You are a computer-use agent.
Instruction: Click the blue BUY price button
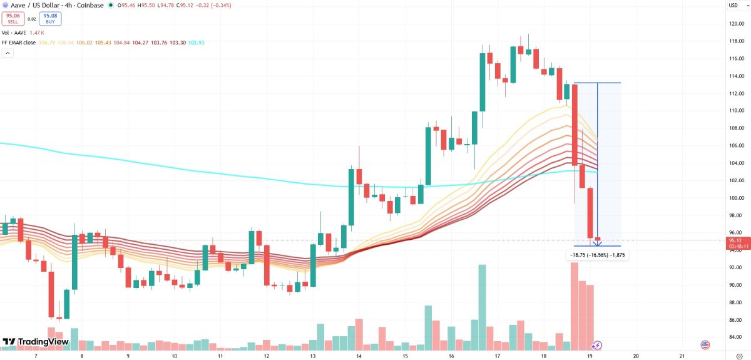pyautogui.click(x=50, y=18)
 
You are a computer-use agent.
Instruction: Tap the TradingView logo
pyautogui.click(x=36, y=342)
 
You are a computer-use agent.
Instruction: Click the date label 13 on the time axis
pyautogui.click(x=313, y=355)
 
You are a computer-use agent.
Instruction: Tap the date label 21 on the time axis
pyautogui.click(x=682, y=355)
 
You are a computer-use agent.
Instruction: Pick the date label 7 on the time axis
pyautogui.click(x=36, y=355)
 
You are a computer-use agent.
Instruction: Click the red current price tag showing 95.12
pyautogui.click(x=735, y=240)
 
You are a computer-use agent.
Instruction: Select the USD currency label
pyautogui.click(x=733, y=6)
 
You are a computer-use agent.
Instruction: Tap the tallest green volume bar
pyautogui.click(x=482, y=307)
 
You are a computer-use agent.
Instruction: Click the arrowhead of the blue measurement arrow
pyautogui.click(x=598, y=244)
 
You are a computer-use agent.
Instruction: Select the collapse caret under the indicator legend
pyautogui.click(x=8, y=53)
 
